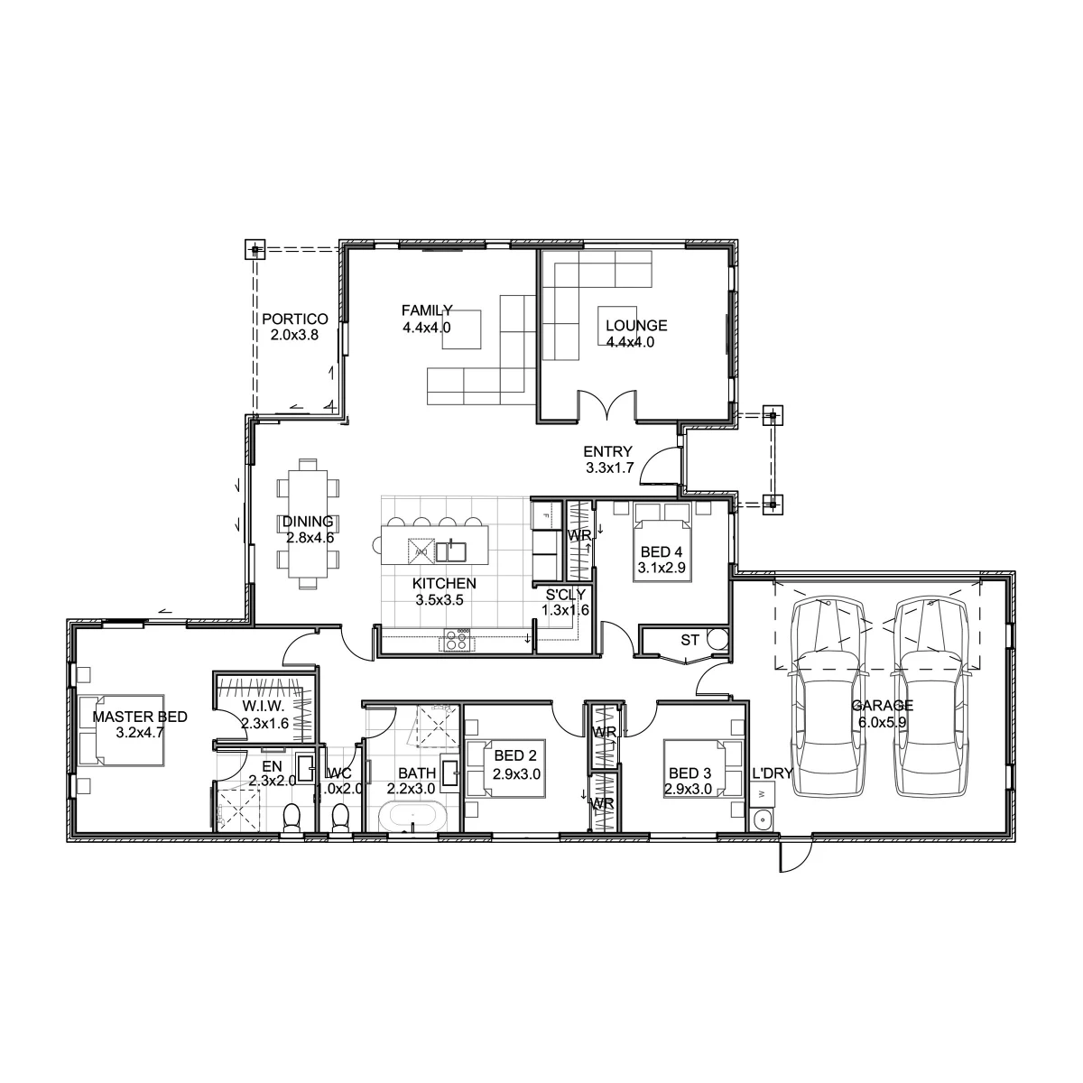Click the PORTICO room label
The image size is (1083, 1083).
pyautogui.click(x=294, y=319)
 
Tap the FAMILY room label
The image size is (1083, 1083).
pyautogui.click(x=427, y=310)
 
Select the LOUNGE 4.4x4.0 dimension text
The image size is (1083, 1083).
pyautogui.click(x=630, y=342)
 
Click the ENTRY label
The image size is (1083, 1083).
pyautogui.click(x=607, y=451)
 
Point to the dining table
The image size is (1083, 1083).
pyautogui.click(x=308, y=523)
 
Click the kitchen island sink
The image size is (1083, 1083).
pyautogui.click(x=450, y=551)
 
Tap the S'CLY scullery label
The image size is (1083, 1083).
pyautogui.click(x=565, y=594)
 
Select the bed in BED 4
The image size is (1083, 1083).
pyautogui.click(x=662, y=542)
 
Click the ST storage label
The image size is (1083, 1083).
pyautogui.click(x=690, y=640)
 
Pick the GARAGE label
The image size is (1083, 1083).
pyautogui.click(x=882, y=706)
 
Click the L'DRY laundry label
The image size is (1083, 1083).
pyautogui.click(x=773, y=773)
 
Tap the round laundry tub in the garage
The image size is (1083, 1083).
pyautogui.click(x=762, y=820)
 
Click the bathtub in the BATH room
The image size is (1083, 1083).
pyautogui.click(x=412, y=817)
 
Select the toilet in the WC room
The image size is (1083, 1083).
pyautogui.click(x=340, y=818)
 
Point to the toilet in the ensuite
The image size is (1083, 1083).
pyautogui.click(x=292, y=819)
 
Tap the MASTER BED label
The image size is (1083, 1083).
pyautogui.click(x=139, y=717)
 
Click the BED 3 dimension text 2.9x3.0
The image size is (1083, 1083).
pyautogui.click(x=688, y=789)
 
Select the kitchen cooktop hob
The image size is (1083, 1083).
pyautogui.click(x=458, y=640)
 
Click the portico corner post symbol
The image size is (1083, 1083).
pyautogui.click(x=255, y=249)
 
